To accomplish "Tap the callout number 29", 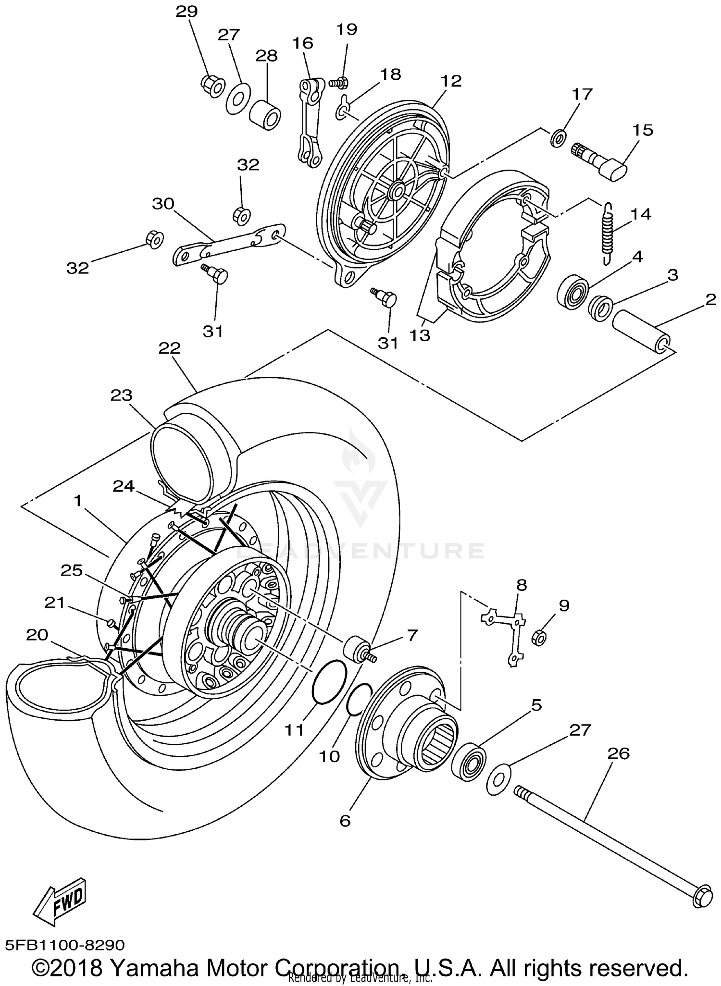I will tap(186, 11).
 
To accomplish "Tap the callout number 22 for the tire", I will tap(170, 348).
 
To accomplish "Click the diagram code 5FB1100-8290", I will tap(65, 945).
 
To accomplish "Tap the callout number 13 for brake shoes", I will tap(420, 335).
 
